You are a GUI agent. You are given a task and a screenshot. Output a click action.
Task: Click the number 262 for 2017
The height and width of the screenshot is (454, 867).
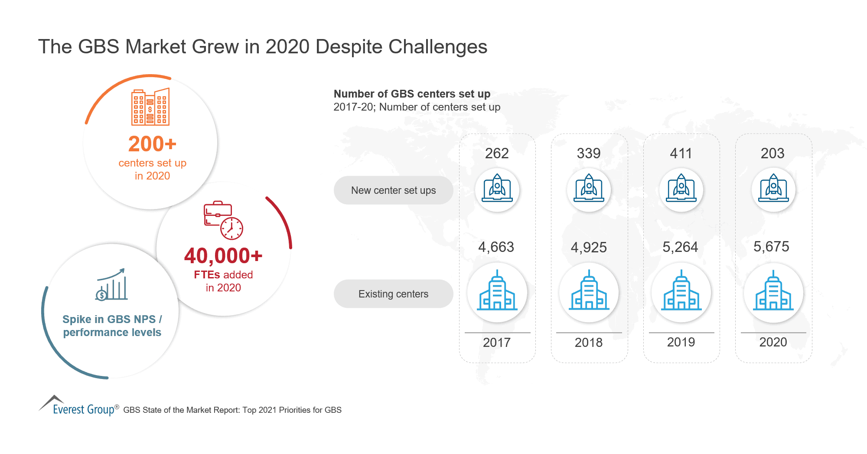click(497, 154)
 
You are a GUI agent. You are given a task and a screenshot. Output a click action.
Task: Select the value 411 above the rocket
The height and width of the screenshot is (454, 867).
click(681, 154)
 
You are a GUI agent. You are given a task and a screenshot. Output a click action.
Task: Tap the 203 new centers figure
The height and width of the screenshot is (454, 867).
click(772, 154)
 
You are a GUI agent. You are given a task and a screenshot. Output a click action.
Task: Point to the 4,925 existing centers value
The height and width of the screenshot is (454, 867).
click(589, 248)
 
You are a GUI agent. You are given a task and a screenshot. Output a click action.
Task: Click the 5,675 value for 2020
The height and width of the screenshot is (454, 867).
click(771, 247)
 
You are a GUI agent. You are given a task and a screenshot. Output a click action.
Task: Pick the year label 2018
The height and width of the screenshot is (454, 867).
click(589, 343)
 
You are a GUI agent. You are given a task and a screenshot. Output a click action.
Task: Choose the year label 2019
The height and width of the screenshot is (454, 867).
click(681, 342)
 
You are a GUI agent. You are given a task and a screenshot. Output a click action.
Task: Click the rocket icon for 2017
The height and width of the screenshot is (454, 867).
click(497, 189)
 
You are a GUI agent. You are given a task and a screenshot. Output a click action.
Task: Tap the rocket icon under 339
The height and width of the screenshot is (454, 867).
click(589, 189)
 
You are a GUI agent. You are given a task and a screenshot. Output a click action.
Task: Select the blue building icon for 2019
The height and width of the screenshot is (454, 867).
click(681, 291)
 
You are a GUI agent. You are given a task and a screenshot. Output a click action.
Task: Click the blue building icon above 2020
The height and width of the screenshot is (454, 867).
click(773, 291)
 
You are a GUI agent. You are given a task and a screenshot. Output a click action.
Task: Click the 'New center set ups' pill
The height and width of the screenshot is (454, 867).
click(393, 190)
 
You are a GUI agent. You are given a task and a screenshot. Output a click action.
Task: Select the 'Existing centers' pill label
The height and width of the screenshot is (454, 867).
click(393, 294)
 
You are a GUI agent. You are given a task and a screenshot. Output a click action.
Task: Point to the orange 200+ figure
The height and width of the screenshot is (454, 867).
click(152, 144)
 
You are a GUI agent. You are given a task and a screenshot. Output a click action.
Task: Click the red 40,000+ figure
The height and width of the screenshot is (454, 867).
click(223, 256)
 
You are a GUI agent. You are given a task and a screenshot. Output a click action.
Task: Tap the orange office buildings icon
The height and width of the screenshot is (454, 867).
click(150, 107)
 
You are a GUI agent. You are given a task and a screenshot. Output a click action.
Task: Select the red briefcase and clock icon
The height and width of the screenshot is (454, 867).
click(223, 220)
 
